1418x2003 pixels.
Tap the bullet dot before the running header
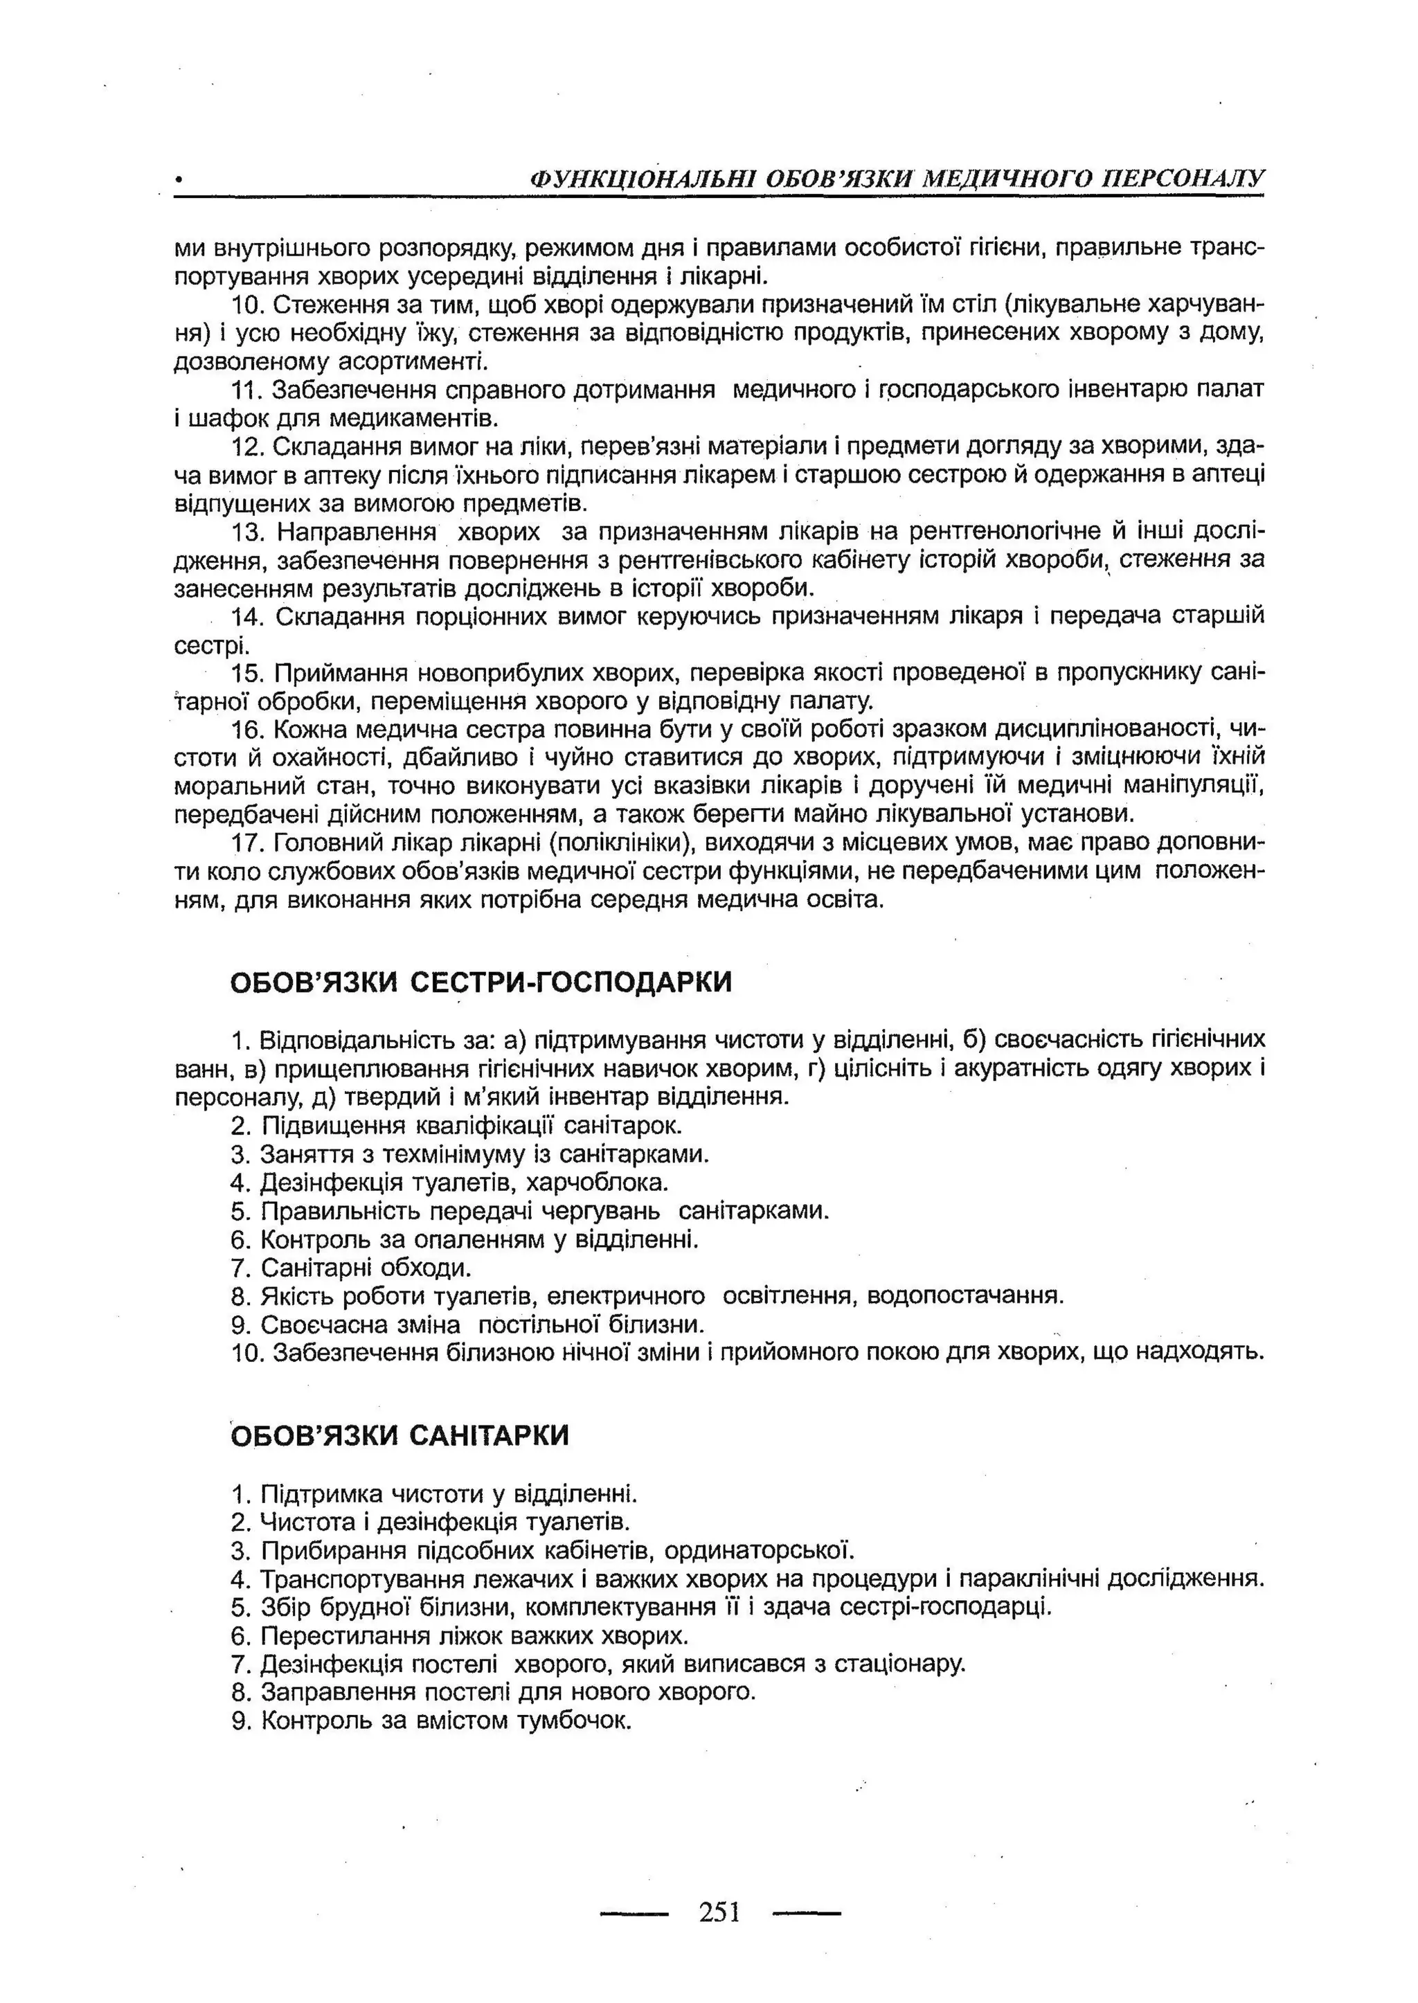(179, 181)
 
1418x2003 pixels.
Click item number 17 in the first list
(247, 843)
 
